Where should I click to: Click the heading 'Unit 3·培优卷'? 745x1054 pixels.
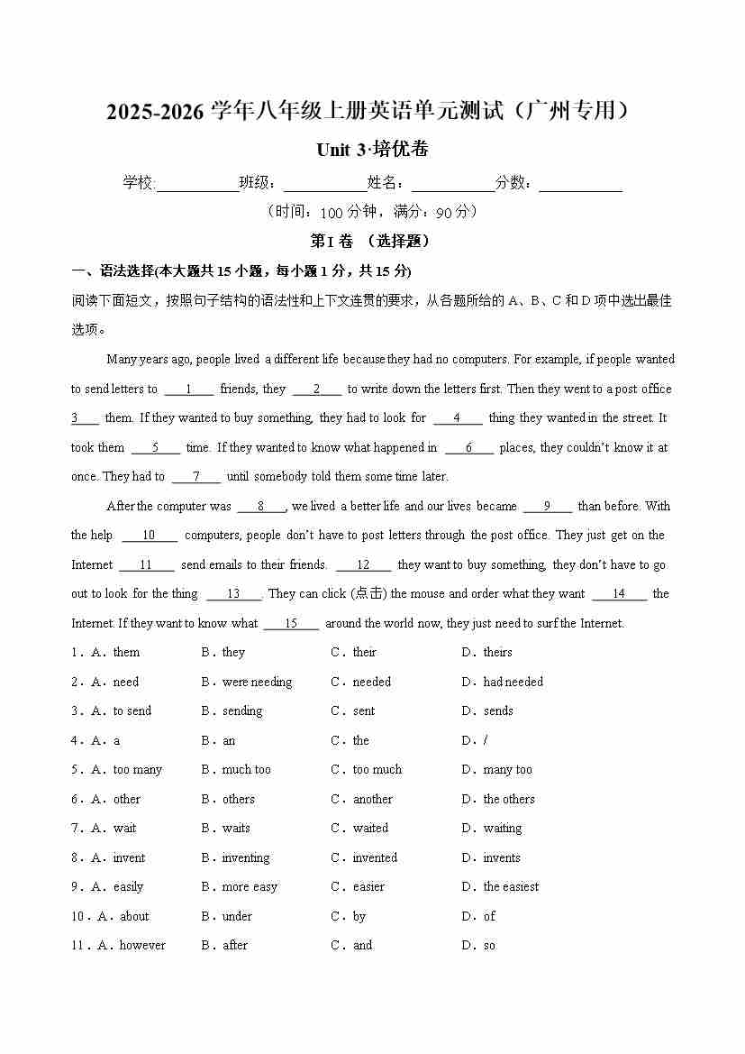[x=372, y=149]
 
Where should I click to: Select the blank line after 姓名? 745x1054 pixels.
[x=453, y=184]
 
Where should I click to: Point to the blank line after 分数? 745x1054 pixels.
[x=580, y=184]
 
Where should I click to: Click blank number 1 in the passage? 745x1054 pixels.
[x=188, y=390]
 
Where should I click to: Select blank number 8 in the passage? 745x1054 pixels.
[x=261, y=507]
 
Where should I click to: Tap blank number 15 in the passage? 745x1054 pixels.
[x=291, y=624]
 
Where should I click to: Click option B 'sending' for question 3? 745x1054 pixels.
[x=241, y=710]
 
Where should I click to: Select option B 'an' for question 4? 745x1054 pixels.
[x=229, y=740]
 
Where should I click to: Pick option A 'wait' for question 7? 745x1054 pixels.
[x=124, y=828]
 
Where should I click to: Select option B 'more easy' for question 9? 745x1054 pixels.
[x=250, y=886]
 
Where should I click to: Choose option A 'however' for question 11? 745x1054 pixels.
[x=142, y=945]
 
